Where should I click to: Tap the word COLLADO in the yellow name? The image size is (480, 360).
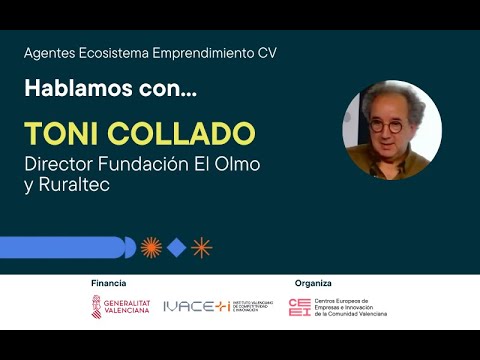[x=179, y=134]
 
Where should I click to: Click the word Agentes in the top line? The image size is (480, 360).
[x=49, y=53]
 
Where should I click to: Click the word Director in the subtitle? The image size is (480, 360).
[x=61, y=164]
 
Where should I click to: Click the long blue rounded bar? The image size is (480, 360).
[x=65, y=247]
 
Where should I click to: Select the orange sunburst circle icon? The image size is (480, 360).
[x=151, y=247]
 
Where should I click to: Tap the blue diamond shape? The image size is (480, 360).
[x=176, y=247]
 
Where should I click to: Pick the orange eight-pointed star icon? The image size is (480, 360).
[x=202, y=247]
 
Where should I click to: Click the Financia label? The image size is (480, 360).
[x=109, y=284]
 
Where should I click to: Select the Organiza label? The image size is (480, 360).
[x=313, y=284]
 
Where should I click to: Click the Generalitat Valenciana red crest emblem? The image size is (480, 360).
[x=97, y=306]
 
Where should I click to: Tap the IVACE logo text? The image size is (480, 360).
[x=196, y=306]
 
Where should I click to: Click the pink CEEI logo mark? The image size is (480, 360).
[x=299, y=307]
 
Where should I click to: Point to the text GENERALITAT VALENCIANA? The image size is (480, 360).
[x=127, y=307]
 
